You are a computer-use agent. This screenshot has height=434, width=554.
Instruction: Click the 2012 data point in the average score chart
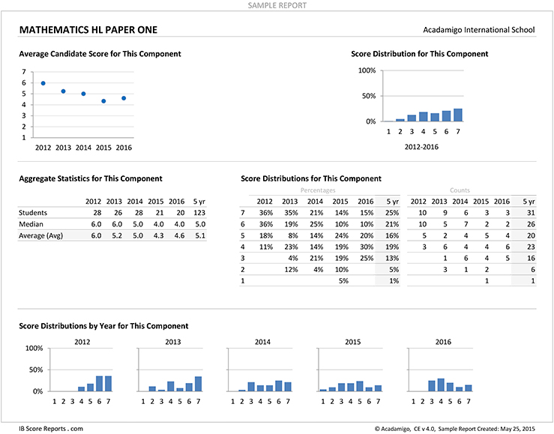pos(43,83)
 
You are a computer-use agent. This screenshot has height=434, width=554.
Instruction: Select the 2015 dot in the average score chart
pos(103,101)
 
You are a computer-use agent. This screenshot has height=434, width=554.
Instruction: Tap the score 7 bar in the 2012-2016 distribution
pos(458,115)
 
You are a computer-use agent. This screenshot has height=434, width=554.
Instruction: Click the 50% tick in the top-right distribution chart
pos(369,96)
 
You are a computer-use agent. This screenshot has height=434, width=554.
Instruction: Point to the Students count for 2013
pos(118,213)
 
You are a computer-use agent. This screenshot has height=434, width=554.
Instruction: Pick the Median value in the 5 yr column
pos(200,224)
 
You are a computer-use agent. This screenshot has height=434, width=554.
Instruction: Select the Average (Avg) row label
pos(40,235)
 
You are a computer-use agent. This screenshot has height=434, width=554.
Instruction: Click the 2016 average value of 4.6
pos(179,235)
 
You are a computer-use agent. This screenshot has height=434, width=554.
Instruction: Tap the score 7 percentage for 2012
pos(266,213)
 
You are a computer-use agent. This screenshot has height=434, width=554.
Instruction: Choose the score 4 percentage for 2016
pos(367,247)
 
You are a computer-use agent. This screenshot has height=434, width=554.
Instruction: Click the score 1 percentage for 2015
pos(343,281)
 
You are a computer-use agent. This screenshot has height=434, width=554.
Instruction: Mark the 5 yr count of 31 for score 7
pos(531,213)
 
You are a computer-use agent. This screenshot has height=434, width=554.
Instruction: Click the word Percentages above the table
pos(318,190)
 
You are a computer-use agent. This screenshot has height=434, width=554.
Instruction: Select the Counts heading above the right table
pos(460,190)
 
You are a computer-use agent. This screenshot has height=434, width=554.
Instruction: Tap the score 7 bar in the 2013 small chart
pos(198,384)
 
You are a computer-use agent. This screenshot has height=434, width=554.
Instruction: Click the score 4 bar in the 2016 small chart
pos(441,385)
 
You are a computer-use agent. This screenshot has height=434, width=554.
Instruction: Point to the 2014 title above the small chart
pos(262,342)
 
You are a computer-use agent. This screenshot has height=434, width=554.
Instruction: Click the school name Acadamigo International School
pos(479,30)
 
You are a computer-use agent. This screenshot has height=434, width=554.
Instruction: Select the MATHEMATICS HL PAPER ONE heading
pos(88,30)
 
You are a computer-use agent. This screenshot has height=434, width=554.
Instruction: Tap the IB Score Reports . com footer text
pos(51,429)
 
